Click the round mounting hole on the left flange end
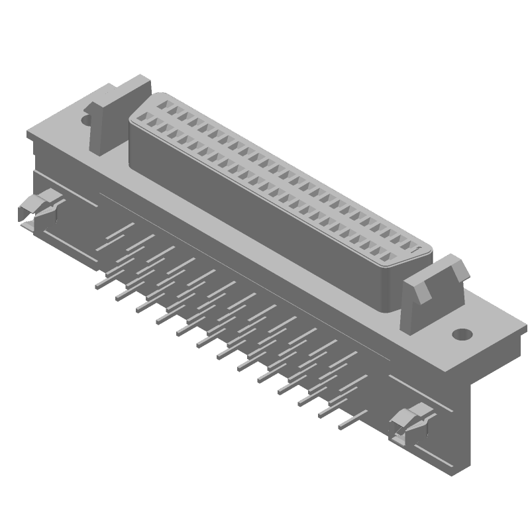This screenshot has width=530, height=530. point(85,120)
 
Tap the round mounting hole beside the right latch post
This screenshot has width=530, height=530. point(462,334)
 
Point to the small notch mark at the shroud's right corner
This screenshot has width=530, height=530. point(415,251)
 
